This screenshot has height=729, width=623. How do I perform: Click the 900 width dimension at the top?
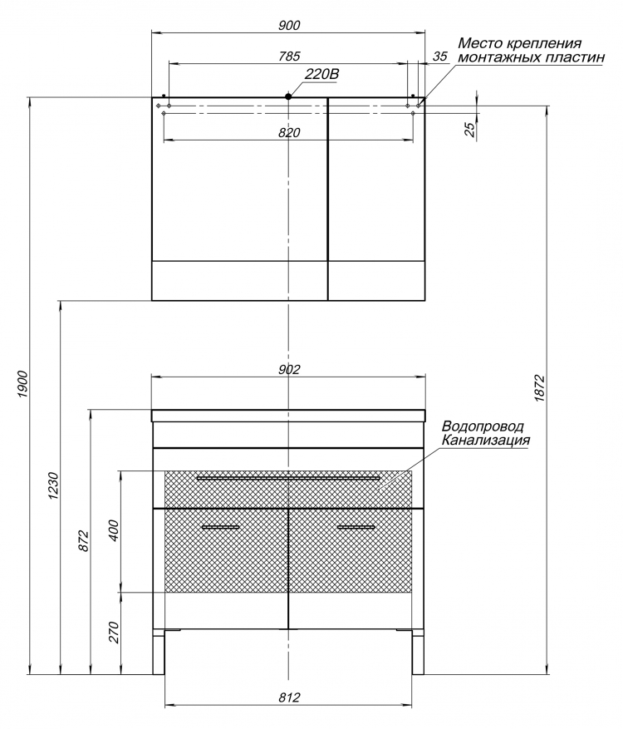[289, 25]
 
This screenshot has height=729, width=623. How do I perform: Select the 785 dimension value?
[289, 56]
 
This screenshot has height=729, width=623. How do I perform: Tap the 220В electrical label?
[322, 74]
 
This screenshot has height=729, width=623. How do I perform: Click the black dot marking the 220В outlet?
[288, 96]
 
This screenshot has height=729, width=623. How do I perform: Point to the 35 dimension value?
[439, 57]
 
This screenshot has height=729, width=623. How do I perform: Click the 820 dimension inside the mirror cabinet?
[289, 132]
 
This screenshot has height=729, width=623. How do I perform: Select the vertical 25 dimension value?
[471, 129]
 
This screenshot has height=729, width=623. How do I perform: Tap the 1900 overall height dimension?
[23, 385]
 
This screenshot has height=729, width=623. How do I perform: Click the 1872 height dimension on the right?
[538, 387]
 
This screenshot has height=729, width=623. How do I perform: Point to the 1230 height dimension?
[53, 485]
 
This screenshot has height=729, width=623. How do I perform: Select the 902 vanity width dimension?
[289, 369]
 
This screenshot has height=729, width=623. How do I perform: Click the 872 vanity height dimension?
[84, 540]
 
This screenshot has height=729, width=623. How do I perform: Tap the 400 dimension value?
[114, 531]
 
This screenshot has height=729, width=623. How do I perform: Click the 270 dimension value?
[114, 633]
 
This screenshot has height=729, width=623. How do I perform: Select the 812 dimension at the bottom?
[289, 697]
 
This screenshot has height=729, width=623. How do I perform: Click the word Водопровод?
[483, 426]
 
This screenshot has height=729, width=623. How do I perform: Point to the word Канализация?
[485, 440]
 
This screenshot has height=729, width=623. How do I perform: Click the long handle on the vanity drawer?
[288, 477]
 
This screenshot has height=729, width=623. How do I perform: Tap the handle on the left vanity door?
[221, 527]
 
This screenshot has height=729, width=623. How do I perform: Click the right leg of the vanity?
[418, 652]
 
